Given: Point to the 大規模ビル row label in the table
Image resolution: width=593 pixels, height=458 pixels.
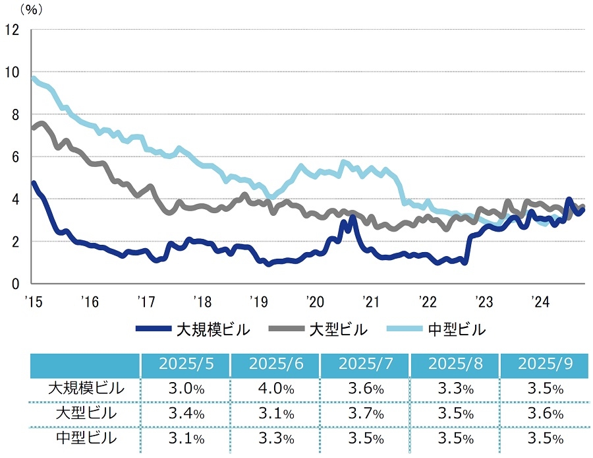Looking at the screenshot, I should [86, 388].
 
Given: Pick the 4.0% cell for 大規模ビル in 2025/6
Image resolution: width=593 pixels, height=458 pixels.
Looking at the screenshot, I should [275, 388].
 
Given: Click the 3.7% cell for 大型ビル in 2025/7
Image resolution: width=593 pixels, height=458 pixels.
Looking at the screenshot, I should [364, 413].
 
